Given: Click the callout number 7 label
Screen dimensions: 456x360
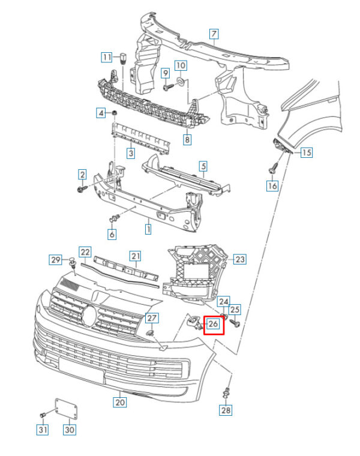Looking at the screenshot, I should coord(214,34).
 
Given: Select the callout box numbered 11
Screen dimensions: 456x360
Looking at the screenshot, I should coord(106,58).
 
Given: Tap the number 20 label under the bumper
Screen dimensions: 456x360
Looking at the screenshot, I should coord(120,403).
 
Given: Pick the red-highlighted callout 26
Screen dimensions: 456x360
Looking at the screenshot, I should coord(214,325).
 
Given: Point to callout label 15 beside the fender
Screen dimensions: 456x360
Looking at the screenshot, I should coord(307,152).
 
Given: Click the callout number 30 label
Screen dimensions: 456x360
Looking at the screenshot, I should coord(70,430).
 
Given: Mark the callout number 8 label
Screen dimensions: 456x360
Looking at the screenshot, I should coord(187,140).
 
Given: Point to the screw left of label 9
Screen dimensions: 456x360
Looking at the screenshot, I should coord(167,87).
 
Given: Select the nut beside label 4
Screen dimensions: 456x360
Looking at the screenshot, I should coord(114,113).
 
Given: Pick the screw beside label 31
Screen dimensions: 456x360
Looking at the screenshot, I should coord(43,415).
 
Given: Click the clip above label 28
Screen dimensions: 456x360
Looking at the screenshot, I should coord(226,392).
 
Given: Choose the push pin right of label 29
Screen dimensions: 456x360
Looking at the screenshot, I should coord(72,262).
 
